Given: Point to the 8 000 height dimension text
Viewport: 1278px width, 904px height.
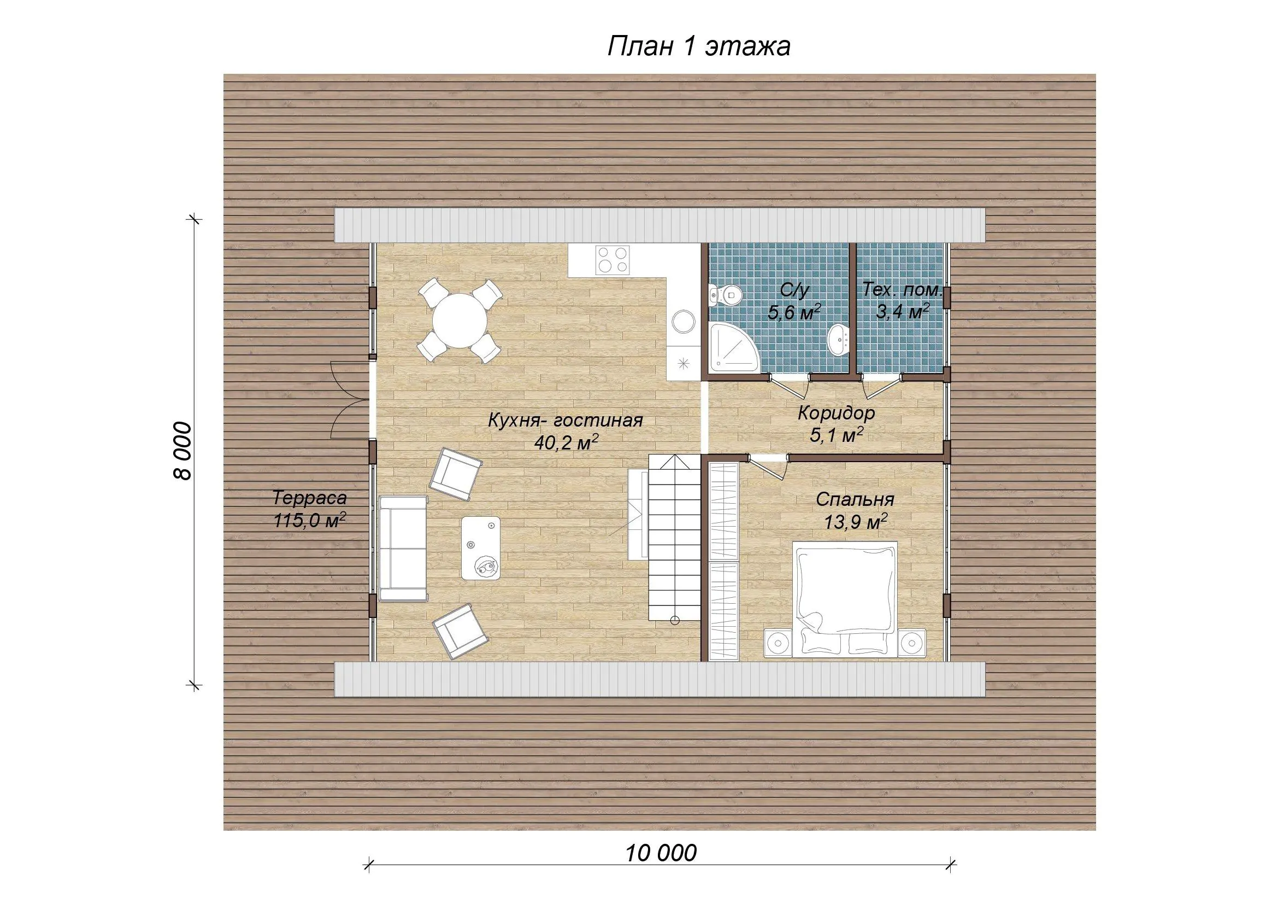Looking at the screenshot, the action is [x=182, y=451].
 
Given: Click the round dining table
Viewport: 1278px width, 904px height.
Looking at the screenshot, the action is [x=460, y=321].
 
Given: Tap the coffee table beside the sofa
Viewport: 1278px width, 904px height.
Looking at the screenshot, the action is [x=480, y=547].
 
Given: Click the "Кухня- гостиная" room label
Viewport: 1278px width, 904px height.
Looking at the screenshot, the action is [x=566, y=421].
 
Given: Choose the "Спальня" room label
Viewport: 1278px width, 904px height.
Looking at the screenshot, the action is [x=855, y=500].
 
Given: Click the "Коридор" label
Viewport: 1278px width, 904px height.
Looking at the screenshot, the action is [x=836, y=413].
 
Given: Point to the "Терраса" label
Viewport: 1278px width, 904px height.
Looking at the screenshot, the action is [x=309, y=498].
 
